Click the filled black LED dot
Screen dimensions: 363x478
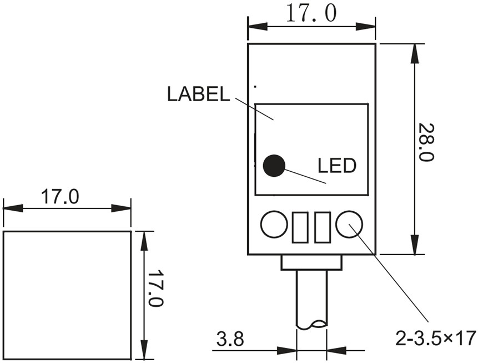click(274, 165)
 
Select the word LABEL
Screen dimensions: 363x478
click(198, 94)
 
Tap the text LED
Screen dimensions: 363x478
click(336, 165)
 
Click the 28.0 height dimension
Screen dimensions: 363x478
click(425, 142)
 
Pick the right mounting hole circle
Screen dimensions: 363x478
click(349, 225)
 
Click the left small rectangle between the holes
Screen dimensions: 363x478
click(300, 227)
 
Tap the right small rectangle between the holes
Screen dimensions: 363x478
click(323, 227)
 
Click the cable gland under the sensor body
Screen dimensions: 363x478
click(311, 262)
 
